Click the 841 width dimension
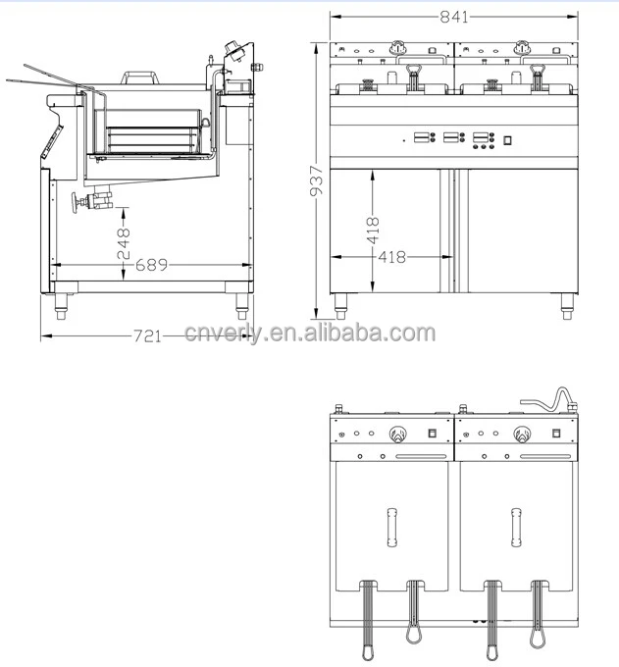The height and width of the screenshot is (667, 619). tap(453, 17)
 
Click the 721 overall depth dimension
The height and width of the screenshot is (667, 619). tap(146, 335)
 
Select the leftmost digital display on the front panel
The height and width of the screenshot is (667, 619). tap(425, 137)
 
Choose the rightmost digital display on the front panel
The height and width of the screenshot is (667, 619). tap(482, 137)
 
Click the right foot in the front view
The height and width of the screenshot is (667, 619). tap(567, 310)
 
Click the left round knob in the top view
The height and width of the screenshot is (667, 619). tap(398, 435)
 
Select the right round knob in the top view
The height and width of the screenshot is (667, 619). tap(520, 435)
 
